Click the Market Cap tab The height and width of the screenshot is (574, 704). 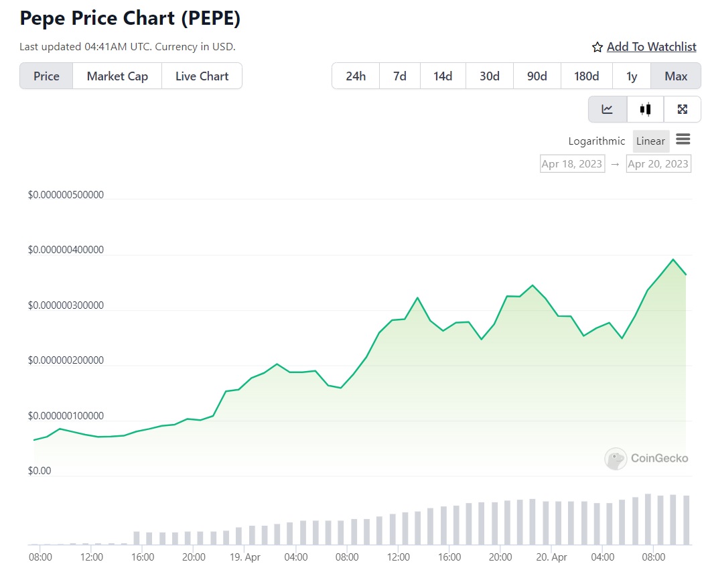(x=117, y=76)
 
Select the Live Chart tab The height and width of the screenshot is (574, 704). (x=202, y=76)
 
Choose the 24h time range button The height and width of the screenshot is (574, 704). (x=356, y=76)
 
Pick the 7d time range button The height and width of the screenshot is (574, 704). (x=400, y=76)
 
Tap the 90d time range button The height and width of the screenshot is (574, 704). (x=537, y=76)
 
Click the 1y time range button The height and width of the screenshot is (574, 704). (x=632, y=76)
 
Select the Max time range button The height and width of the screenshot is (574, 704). (x=676, y=76)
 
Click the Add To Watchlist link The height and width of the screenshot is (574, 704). (x=651, y=47)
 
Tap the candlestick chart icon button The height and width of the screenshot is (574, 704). (x=646, y=109)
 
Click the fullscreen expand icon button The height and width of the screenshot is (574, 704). (x=683, y=109)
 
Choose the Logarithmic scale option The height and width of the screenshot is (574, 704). (x=596, y=141)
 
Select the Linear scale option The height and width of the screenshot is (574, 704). (x=650, y=141)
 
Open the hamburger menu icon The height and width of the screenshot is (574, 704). (x=683, y=139)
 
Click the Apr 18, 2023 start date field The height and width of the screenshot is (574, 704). (x=572, y=164)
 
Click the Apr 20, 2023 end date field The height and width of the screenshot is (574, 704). (x=658, y=164)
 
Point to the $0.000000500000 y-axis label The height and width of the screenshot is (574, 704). (x=66, y=195)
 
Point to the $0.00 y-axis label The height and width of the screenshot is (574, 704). (x=40, y=471)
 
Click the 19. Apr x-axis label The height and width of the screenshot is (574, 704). (x=244, y=557)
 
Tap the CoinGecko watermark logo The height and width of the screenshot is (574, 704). (x=646, y=459)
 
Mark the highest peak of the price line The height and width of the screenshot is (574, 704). (x=673, y=259)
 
